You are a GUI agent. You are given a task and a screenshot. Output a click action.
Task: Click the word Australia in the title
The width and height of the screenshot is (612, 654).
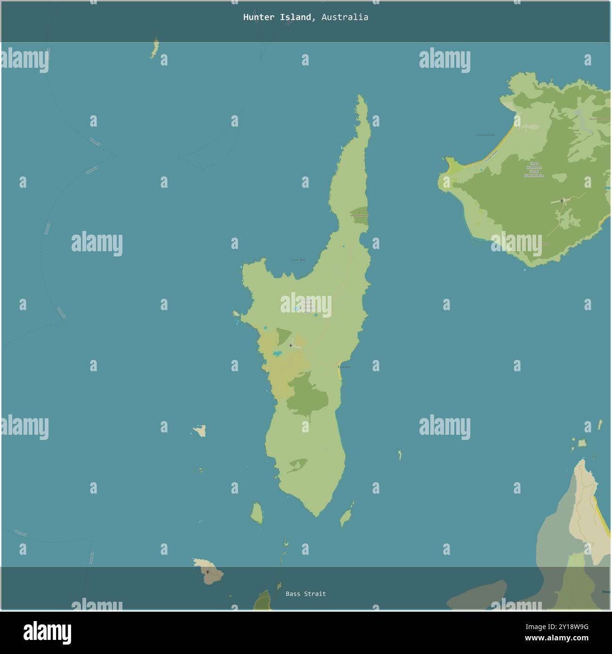[x=345, y=17]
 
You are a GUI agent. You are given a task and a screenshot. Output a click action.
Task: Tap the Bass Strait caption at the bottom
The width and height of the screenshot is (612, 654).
[x=306, y=594]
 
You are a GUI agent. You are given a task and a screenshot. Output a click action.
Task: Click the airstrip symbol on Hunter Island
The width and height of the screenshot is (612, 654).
[x=290, y=345]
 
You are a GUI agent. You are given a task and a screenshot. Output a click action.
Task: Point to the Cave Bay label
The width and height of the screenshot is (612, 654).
[x=344, y=367]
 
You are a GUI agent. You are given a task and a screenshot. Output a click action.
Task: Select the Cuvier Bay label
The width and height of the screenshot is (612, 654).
[x=298, y=260]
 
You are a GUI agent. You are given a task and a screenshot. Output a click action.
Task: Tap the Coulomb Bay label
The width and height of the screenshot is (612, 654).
[x=485, y=135]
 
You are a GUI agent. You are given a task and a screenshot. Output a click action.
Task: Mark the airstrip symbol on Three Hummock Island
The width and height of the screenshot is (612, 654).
[x=562, y=201]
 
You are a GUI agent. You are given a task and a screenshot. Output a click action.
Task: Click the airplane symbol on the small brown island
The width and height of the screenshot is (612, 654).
[x=208, y=572]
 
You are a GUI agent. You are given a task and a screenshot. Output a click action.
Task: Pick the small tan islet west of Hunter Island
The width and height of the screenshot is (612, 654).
[x=200, y=430]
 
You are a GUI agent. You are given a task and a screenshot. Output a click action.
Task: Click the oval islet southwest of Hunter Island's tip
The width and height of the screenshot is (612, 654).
[x=257, y=513]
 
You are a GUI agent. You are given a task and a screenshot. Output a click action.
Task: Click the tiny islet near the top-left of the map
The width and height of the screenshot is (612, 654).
[x=154, y=48]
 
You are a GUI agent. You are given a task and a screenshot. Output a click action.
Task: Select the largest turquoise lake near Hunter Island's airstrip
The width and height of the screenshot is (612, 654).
[x=277, y=353]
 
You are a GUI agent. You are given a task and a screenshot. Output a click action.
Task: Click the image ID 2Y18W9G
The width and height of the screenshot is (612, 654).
[x=564, y=627]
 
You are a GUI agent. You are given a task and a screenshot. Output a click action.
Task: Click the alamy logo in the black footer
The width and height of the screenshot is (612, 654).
[x=47, y=632]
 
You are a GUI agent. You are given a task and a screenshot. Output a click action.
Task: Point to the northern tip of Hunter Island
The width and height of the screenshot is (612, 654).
[x=361, y=97]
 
